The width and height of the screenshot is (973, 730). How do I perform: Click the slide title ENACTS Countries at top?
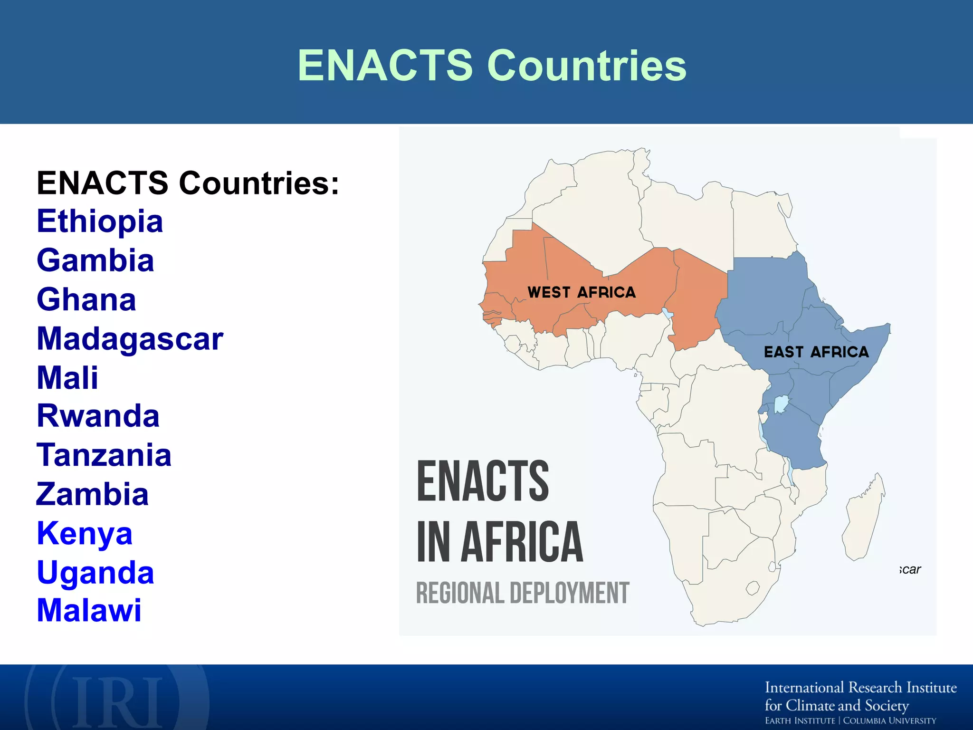492,66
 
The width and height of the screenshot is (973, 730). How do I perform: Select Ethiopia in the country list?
100,221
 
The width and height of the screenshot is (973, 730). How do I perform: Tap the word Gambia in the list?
95,260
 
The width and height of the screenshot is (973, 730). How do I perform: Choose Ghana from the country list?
86,299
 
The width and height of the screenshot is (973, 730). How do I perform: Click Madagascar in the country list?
130,339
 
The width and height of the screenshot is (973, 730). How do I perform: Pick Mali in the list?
67,378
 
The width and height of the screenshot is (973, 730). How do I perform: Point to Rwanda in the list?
98,416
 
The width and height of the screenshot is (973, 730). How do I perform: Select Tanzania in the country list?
104,455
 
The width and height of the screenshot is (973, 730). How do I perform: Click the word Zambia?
93,494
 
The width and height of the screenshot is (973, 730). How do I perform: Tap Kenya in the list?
85,533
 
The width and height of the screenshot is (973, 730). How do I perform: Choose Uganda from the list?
95,572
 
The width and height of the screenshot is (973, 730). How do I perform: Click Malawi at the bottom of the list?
89,610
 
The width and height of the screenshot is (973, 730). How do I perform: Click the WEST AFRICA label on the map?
582,292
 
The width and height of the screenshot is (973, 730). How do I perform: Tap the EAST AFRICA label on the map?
816,352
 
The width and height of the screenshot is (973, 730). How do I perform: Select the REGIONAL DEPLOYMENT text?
523,593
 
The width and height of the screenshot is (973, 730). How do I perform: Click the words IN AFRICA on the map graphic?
500,542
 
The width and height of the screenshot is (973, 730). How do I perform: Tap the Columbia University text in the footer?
889,721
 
